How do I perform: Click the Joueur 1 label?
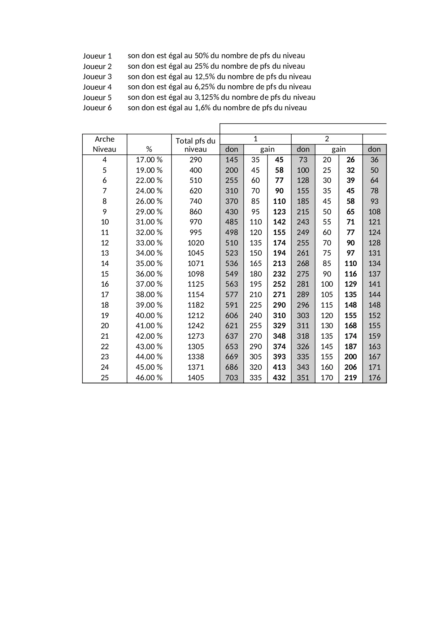coord(97,56)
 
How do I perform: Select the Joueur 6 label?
coord(97,108)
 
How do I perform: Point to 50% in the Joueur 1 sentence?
coord(201,56)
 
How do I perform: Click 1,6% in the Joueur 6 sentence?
coord(202,108)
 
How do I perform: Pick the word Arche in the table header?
coord(104,139)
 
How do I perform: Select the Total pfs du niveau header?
coord(195,145)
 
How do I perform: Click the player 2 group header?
coord(327,139)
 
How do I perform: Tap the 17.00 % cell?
coord(149,160)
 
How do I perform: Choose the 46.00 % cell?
coord(149,378)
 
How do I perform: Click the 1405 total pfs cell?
coord(196,378)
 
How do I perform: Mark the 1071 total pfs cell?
coord(196,264)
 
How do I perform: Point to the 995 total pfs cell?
coord(196,232)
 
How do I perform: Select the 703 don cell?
coord(232,378)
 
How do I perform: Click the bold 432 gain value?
coord(279,378)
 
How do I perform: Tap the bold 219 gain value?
coord(351,378)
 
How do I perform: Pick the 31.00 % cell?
coord(149,222)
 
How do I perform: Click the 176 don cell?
coord(374,378)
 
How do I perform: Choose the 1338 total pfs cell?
coord(196,357)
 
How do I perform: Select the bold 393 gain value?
coord(279,357)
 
